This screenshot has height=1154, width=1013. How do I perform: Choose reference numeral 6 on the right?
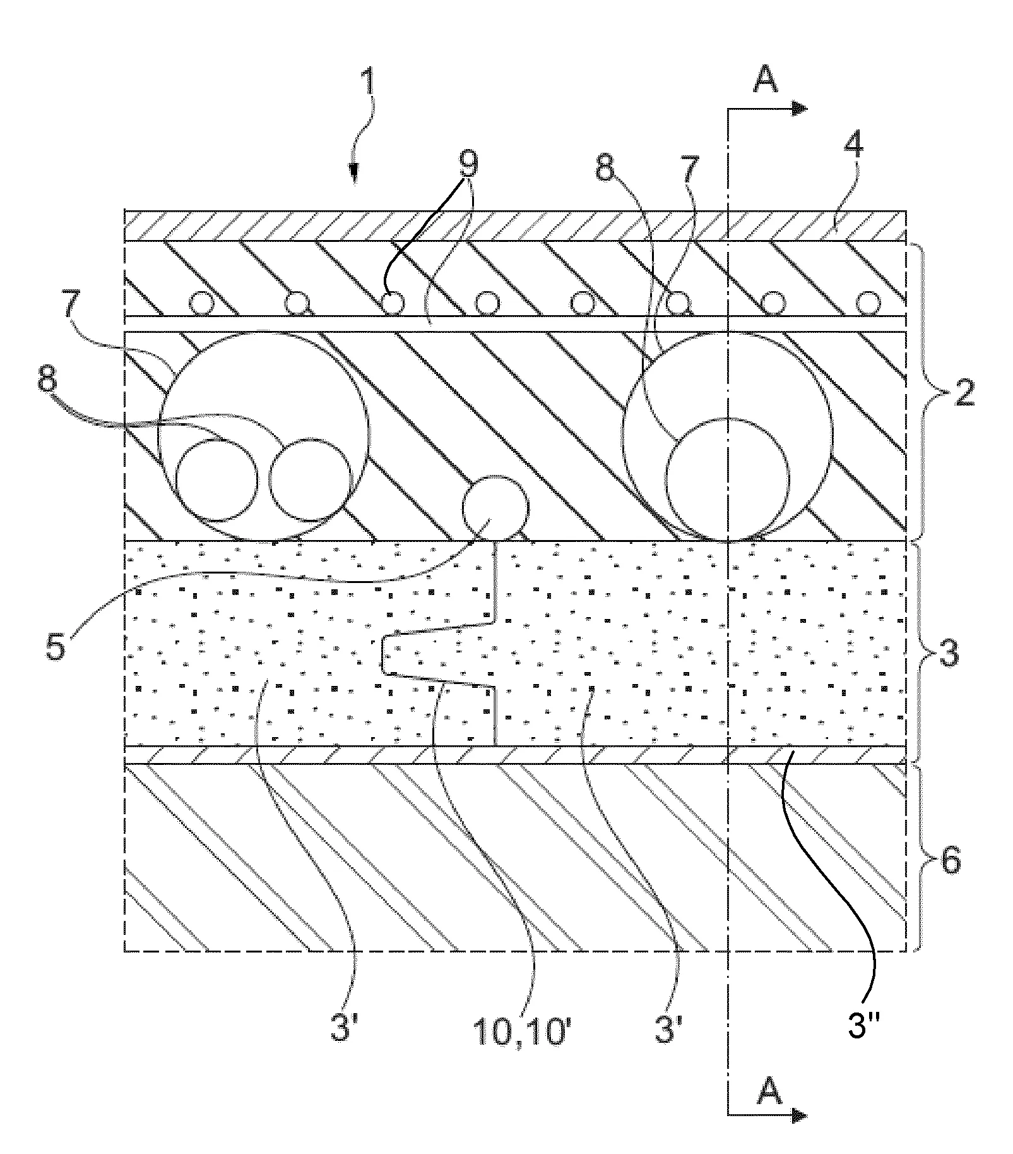[950, 859]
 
